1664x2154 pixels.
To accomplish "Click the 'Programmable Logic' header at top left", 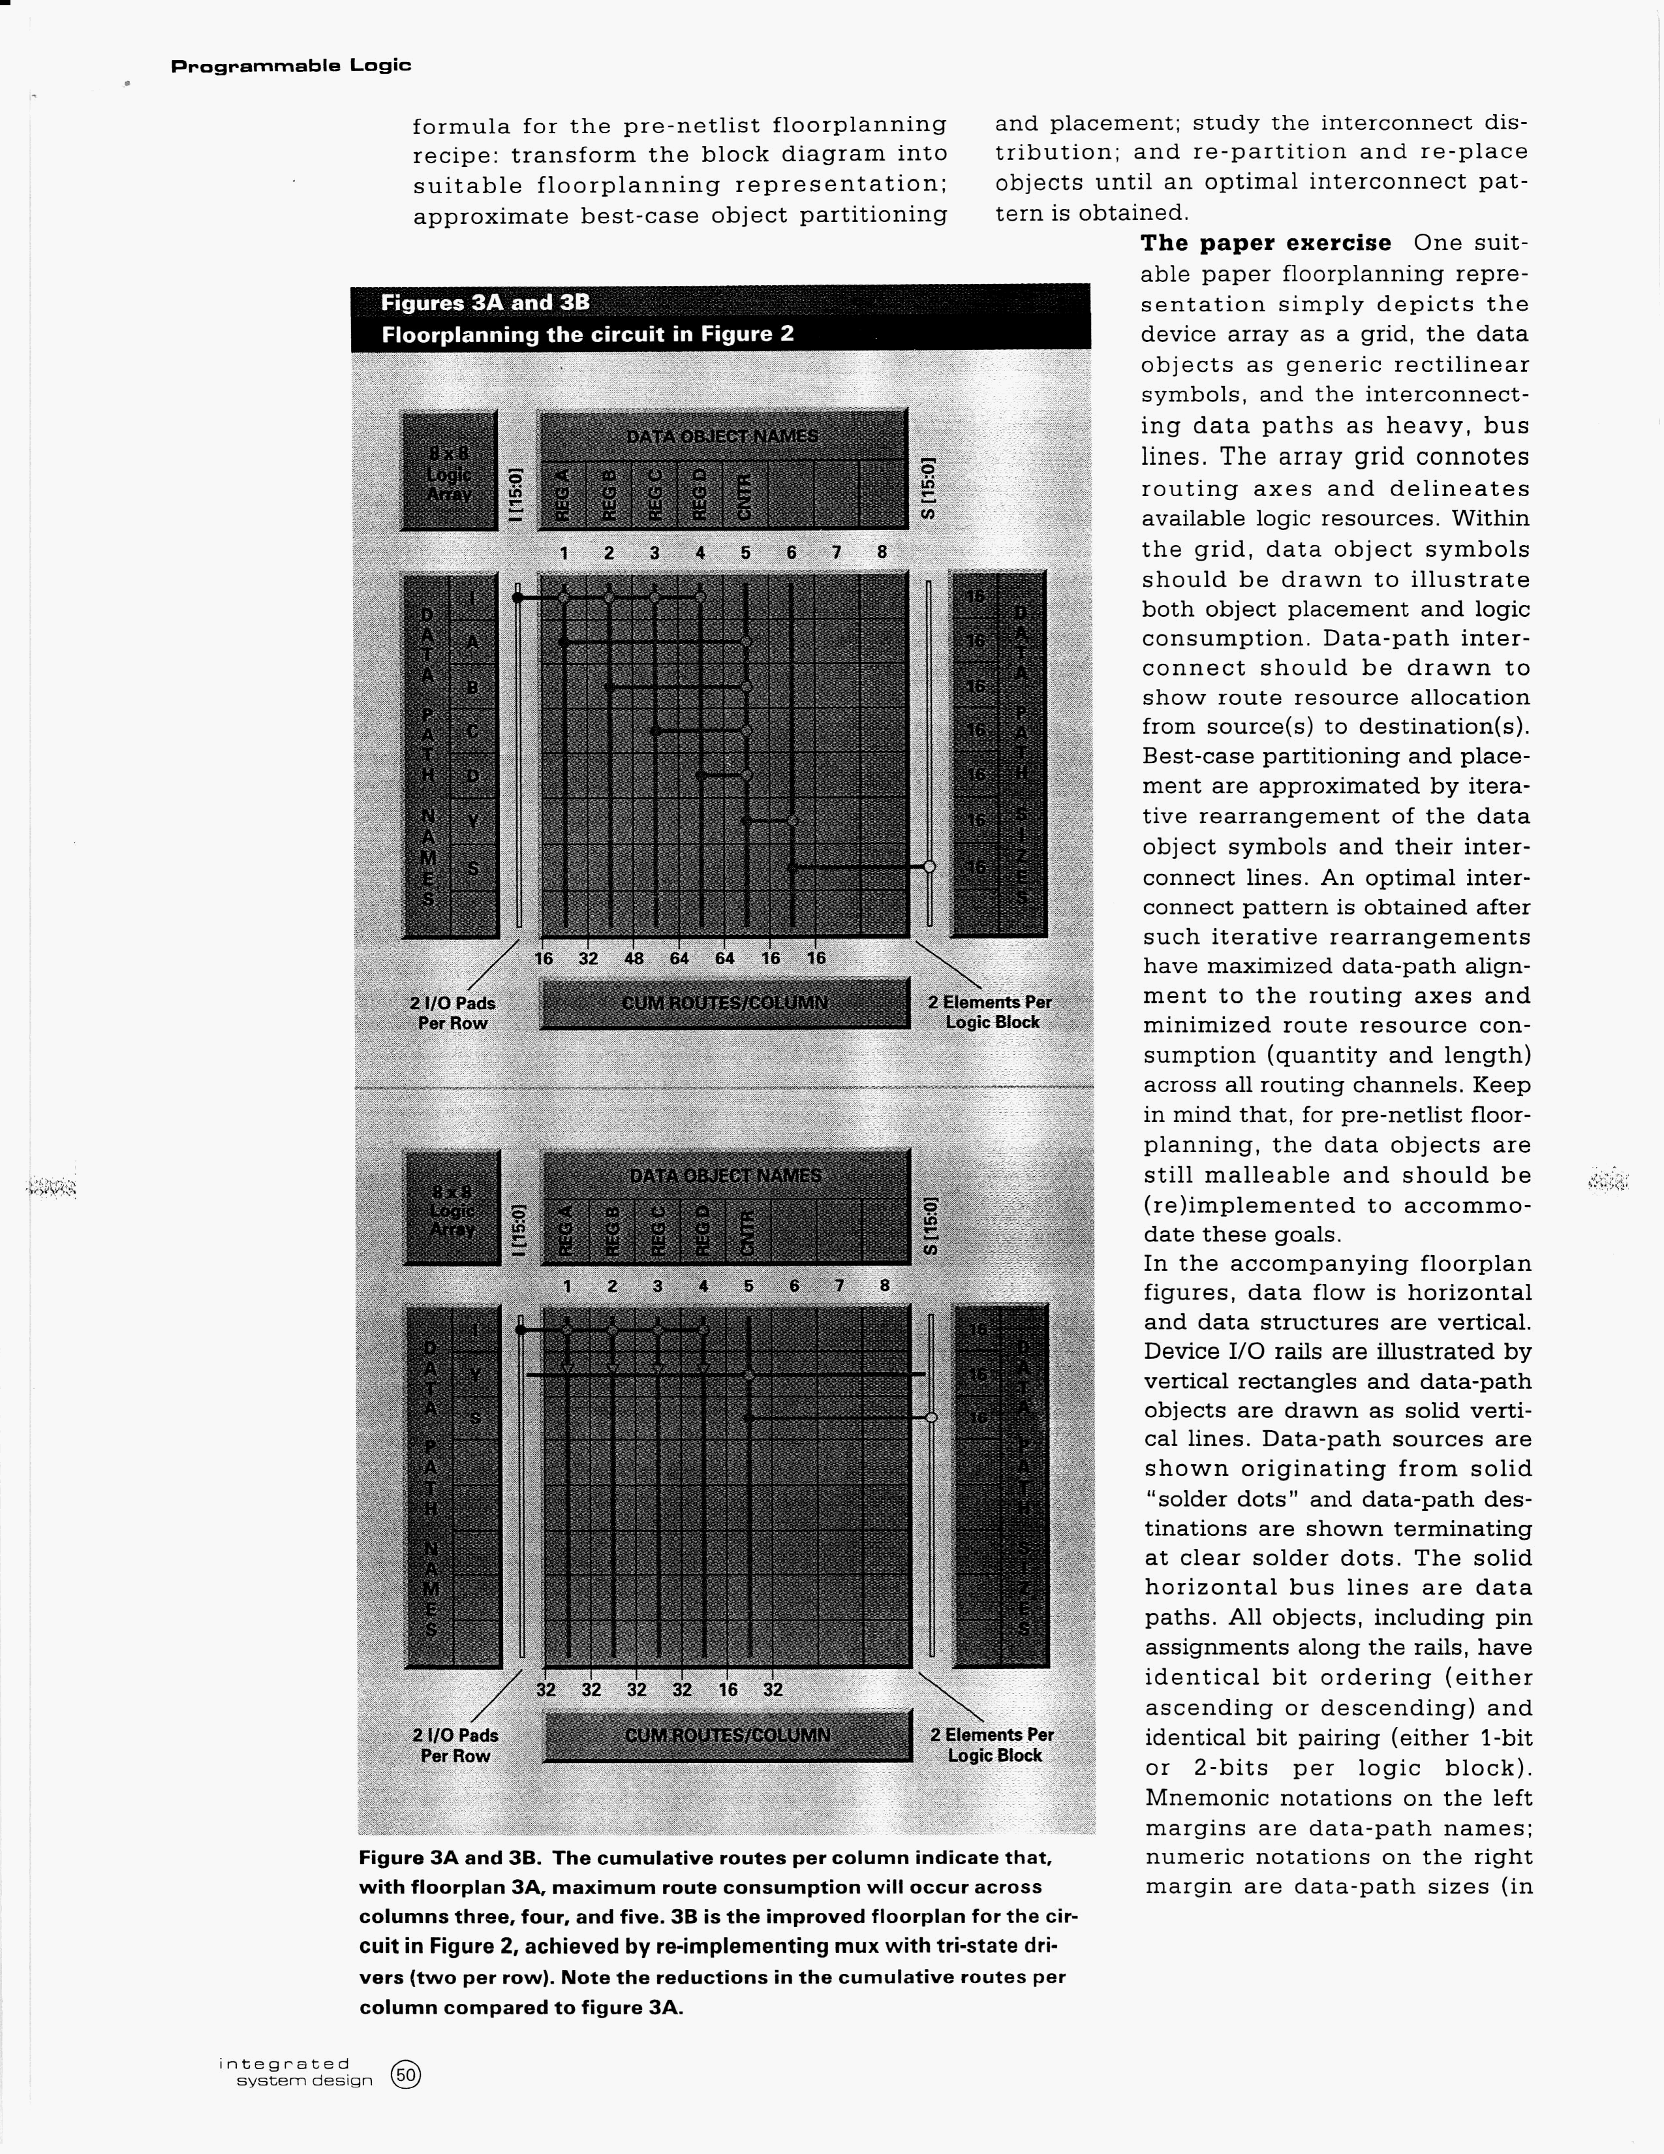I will (x=291, y=66).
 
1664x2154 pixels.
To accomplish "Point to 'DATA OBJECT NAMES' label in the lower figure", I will (x=726, y=1176).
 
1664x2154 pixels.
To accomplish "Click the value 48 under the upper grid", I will (x=634, y=958).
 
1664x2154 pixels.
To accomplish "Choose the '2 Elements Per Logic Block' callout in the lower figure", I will (x=993, y=1745).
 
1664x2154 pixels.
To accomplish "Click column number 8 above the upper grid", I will (x=882, y=552).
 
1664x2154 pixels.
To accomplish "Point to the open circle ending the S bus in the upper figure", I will (x=929, y=867).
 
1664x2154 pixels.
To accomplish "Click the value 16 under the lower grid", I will (x=728, y=1689).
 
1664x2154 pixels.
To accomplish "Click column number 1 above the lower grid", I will (x=567, y=1286).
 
